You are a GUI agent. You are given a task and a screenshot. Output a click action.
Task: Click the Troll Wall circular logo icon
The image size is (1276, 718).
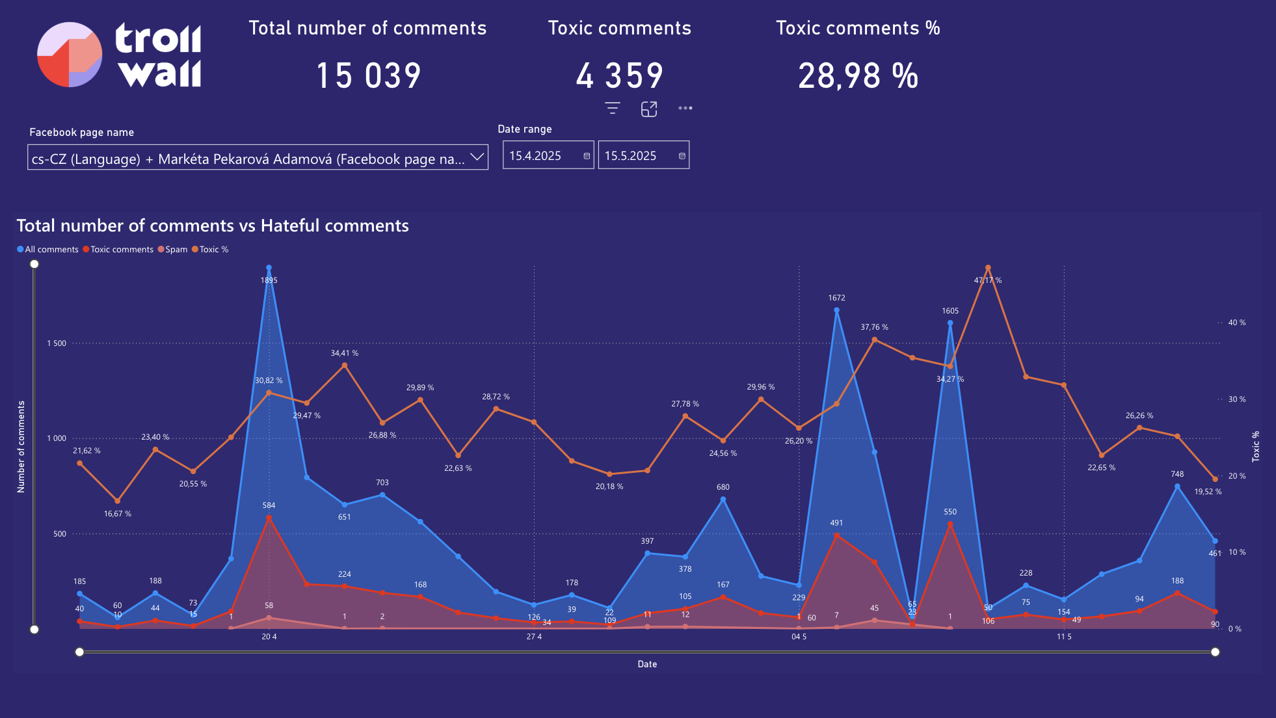[70, 55]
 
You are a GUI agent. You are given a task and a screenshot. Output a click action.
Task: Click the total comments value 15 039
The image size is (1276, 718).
[368, 75]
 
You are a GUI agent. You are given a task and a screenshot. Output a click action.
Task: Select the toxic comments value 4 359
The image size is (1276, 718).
[619, 75]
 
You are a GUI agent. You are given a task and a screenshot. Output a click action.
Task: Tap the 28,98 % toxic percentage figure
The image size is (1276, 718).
[858, 75]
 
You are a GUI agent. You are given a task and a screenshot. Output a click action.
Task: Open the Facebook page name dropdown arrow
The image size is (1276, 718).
[477, 157]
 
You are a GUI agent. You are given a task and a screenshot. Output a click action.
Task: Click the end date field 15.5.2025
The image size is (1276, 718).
[637, 156]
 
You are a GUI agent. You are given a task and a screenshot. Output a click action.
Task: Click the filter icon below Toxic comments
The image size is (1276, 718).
[612, 109]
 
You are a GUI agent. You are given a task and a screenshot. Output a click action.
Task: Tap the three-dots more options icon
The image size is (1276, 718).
[685, 109]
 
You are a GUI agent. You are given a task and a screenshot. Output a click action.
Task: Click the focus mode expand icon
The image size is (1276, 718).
[649, 109]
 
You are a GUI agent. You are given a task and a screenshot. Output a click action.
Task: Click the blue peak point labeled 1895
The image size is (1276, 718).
[269, 268]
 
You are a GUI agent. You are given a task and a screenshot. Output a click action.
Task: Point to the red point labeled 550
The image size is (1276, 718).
[950, 524]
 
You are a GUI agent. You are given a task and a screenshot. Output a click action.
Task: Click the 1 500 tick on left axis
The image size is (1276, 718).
[57, 343]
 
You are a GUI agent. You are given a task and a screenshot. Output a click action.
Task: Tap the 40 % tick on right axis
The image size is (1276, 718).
[1236, 323]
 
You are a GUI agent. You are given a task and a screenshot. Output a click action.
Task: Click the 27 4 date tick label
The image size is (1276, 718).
[534, 637]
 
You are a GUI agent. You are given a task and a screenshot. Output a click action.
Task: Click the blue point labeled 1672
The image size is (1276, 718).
[836, 310]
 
